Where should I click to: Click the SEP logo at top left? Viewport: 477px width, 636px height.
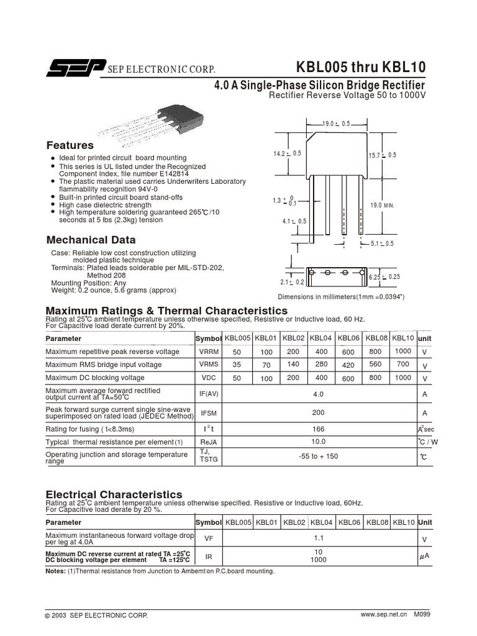click(73, 70)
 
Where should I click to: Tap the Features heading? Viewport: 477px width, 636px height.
click(70, 145)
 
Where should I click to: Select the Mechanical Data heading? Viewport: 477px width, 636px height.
click(91, 240)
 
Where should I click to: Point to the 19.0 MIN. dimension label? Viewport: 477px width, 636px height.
click(383, 204)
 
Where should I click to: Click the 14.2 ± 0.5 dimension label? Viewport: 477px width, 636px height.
click(287, 153)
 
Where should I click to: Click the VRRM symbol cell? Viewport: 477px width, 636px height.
click(209, 352)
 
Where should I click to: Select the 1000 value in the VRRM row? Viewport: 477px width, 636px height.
click(402, 351)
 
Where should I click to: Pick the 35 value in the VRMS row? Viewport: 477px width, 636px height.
click(237, 365)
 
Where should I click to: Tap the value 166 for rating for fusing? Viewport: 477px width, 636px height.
click(318, 428)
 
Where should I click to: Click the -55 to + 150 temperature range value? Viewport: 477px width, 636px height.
click(318, 457)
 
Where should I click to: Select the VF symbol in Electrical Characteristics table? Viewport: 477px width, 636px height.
click(209, 539)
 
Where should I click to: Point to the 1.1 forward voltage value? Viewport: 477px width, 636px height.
click(319, 538)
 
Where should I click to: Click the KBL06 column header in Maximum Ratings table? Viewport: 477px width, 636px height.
click(348, 338)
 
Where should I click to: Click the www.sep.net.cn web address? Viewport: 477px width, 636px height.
click(383, 614)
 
